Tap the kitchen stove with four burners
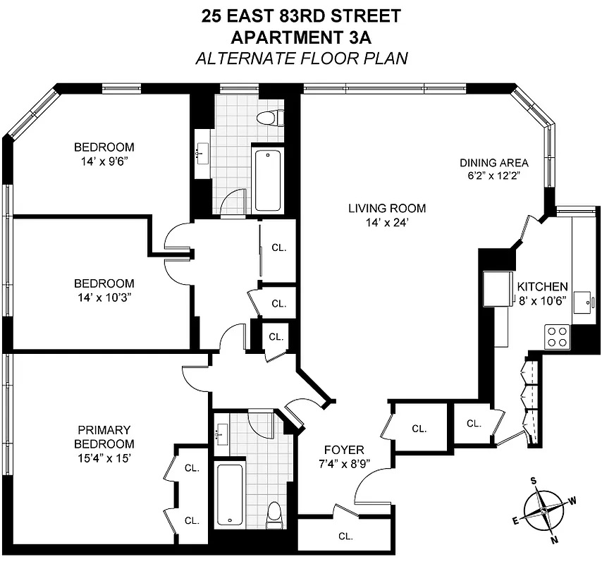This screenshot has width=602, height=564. (558, 336)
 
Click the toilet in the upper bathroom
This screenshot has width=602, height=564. (270, 117)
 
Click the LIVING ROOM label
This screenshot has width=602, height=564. (387, 208)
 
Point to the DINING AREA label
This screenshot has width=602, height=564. (493, 163)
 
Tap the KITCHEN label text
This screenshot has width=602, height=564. (542, 287)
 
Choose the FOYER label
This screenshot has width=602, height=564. (344, 450)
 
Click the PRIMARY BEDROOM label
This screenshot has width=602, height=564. (106, 436)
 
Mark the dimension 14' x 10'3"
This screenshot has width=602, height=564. (104, 297)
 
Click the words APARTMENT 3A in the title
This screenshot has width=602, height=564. (300, 36)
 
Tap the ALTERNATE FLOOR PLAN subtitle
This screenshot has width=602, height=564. (300, 57)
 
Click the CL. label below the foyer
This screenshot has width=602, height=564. (345, 536)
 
